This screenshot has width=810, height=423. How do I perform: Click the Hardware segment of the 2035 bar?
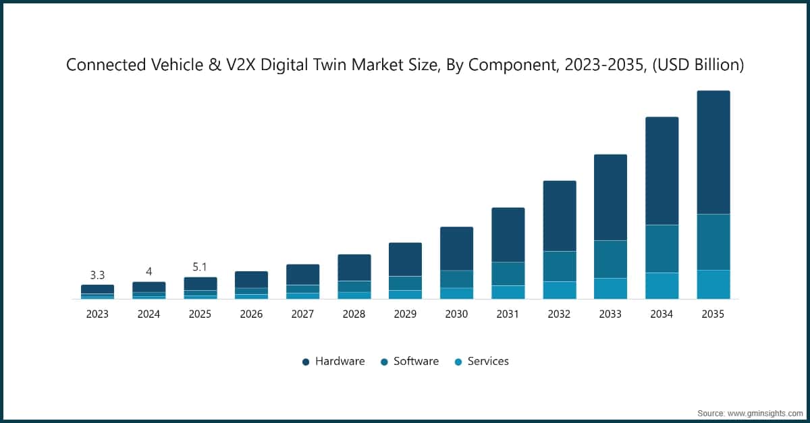[x=713, y=152]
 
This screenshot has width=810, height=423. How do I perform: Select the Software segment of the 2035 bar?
[x=713, y=242]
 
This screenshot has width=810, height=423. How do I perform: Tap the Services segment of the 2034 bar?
[x=661, y=285]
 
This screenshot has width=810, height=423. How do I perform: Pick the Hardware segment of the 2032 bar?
[x=560, y=216]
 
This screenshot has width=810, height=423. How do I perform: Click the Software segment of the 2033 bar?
[x=610, y=259]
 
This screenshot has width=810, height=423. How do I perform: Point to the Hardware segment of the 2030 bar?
[x=456, y=248]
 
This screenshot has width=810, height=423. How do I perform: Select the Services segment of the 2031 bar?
[x=508, y=291]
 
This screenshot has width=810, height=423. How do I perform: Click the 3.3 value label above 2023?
[x=97, y=275]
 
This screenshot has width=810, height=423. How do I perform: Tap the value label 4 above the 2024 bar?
[x=148, y=272]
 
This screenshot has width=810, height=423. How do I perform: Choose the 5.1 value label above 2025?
[x=200, y=267]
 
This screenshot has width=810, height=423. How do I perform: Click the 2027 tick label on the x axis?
[x=302, y=314]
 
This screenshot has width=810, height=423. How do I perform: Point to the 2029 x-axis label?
[x=405, y=314]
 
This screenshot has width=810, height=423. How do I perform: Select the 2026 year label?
[x=251, y=314]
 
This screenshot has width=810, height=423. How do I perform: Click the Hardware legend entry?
[x=340, y=362]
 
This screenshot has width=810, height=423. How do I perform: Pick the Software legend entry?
[x=416, y=362]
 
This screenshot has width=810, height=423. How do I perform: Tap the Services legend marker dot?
[x=458, y=362]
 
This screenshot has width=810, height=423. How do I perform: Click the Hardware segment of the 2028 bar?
[x=354, y=267]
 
